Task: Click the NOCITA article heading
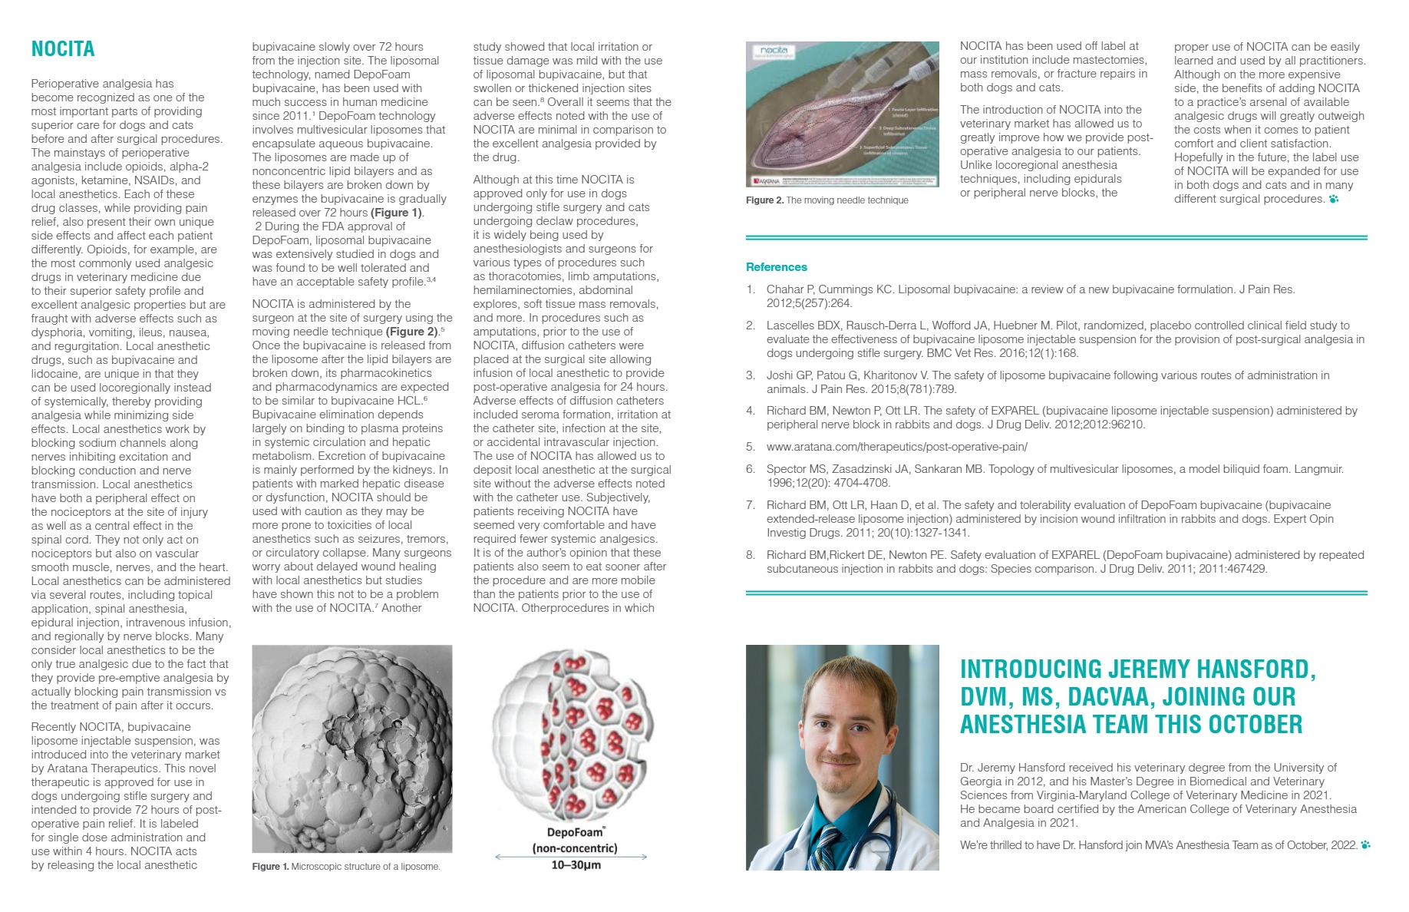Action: coord(63,49)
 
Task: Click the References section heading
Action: coord(776,267)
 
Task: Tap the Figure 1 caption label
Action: coord(270,867)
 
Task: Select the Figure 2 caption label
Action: coord(764,200)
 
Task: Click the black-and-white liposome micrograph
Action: coord(351,748)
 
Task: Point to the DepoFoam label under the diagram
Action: coord(576,832)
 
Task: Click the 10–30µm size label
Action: coord(576,865)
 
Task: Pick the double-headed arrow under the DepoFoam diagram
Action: coord(571,856)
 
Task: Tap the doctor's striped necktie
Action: coord(827,848)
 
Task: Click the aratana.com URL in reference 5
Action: coord(896,447)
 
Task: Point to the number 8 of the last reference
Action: coord(750,555)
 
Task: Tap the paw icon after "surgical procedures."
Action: coord(1334,200)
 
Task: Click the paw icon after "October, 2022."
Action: coord(1365,845)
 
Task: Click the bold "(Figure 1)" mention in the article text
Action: coord(396,213)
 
